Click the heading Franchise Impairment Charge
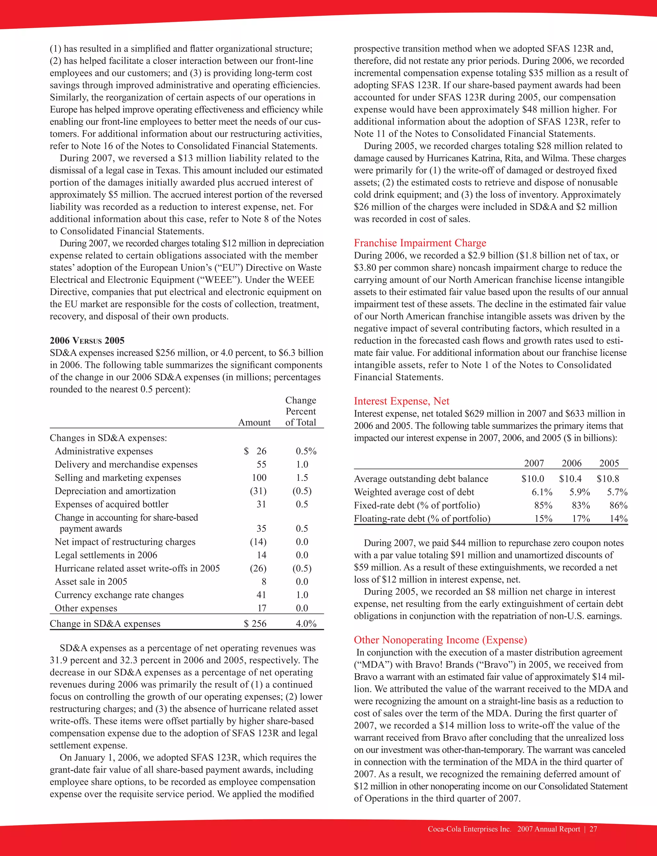(x=420, y=243)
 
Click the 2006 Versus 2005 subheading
(x=87, y=341)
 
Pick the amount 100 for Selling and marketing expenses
(x=259, y=478)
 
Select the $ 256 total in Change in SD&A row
(x=255, y=623)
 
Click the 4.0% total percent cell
(x=306, y=623)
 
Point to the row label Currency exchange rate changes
(x=119, y=595)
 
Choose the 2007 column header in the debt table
(x=534, y=463)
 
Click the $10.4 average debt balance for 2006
(x=570, y=479)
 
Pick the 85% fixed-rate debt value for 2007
(x=543, y=505)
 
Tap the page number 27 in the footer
(x=593, y=829)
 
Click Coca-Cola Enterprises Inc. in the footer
(x=469, y=829)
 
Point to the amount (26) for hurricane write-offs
(x=258, y=568)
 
